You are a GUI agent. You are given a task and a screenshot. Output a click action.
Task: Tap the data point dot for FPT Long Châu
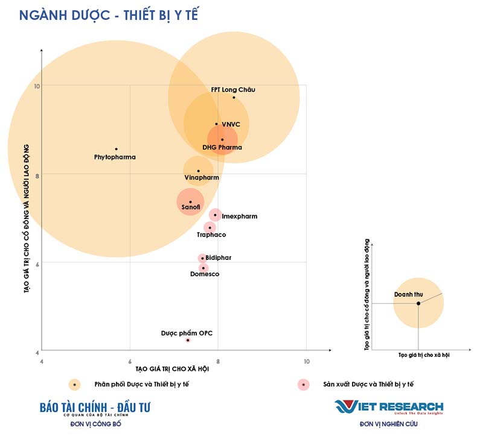[x=234, y=97]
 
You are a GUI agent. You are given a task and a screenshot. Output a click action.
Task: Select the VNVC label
[x=231, y=124]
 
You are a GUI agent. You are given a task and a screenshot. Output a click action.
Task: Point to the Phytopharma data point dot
[x=116, y=149]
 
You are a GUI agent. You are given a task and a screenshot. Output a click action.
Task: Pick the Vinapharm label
[x=202, y=177]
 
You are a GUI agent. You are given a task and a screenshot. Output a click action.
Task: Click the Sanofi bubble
[x=190, y=202]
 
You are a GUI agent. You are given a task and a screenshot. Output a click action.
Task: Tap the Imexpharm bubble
[x=215, y=215]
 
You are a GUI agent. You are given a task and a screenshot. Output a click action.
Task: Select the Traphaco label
[x=211, y=234]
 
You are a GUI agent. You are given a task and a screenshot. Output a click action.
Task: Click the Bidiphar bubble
[x=202, y=258]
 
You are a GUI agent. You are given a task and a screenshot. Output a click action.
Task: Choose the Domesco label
[x=205, y=274]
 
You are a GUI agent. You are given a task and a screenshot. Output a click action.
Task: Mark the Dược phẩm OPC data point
[x=188, y=340]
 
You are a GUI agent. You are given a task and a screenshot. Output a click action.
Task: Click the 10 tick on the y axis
[x=37, y=86]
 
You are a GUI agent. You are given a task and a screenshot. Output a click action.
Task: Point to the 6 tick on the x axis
[x=130, y=361]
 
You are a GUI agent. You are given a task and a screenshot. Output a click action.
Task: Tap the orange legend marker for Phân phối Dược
[x=74, y=384]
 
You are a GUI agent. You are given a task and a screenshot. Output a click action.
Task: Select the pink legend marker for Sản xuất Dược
[x=303, y=384]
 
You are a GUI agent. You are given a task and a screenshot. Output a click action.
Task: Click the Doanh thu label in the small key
[x=408, y=294]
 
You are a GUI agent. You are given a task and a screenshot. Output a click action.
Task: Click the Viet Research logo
[x=389, y=408]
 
